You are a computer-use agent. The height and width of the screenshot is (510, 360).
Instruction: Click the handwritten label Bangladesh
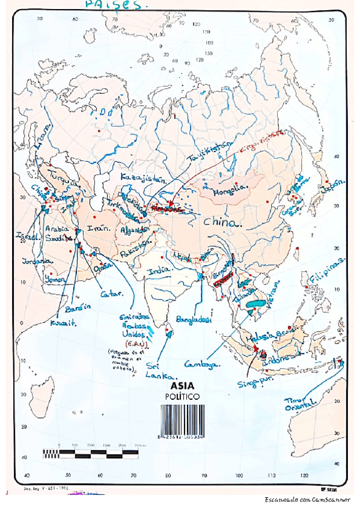point(194,320)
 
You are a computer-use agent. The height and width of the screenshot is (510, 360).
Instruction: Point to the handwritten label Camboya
point(203,363)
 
